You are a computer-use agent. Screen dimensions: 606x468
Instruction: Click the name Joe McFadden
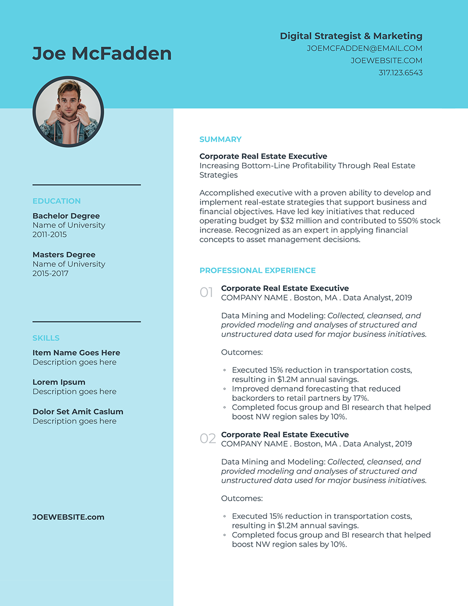coord(102,53)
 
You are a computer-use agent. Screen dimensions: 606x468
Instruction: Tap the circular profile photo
coord(68,111)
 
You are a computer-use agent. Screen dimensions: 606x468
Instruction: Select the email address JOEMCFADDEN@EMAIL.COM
coord(364,49)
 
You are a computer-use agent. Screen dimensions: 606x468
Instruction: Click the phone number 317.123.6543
coord(400,73)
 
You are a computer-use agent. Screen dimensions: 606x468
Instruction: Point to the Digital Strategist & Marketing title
coord(351,36)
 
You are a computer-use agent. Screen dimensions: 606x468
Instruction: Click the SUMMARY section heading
coord(220,139)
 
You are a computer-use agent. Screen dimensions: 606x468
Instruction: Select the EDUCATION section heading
coord(56,201)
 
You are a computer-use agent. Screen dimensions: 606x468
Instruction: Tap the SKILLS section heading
coord(46,338)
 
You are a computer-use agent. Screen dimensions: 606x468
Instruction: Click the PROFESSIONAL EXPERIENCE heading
coord(257,271)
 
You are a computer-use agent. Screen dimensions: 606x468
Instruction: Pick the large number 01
coord(207,292)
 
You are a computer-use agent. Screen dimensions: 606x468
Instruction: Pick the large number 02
coord(208,439)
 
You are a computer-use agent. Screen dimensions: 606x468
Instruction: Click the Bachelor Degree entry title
coord(66,216)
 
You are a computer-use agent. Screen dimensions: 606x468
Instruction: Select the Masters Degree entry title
coord(64,255)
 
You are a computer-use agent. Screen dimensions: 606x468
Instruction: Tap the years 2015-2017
coord(50,274)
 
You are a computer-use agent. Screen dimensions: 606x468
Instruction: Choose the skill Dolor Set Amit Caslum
coord(77,411)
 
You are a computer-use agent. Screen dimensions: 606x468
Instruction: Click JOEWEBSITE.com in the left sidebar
coord(68,517)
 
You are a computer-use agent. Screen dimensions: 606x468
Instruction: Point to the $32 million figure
coord(294,221)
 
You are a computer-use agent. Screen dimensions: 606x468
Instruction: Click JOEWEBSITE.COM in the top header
coord(386,61)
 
